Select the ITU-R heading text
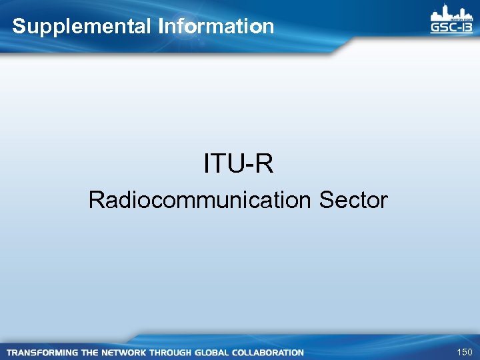pyautogui.click(x=239, y=164)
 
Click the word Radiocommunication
pyautogui.click(x=201, y=200)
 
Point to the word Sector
pyautogui.click(x=353, y=200)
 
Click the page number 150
pyautogui.click(x=464, y=352)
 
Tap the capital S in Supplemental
pyautogui.click(x=19, y=27)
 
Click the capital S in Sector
pyautogui.click(x=326, y=200)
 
